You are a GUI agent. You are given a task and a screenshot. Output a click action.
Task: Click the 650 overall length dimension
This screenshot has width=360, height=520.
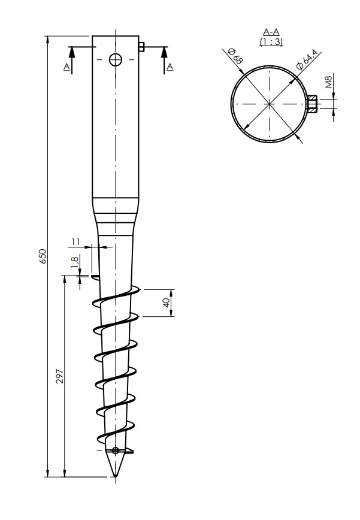coord(43,256)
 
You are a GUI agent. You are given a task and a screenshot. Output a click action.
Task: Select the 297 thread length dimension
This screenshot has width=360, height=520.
coord(60,376)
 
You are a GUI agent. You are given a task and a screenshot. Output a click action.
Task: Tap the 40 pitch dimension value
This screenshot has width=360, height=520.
coord(167,303)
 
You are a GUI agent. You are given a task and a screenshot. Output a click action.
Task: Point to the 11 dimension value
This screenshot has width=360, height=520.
coord(76,242)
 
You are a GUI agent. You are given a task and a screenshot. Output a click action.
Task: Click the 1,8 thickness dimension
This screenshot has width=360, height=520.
coord(74,262)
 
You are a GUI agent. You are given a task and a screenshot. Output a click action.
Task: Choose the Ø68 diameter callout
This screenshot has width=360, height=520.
coord(235,56)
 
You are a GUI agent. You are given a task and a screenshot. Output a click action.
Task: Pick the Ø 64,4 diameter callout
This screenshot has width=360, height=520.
coord(307,59)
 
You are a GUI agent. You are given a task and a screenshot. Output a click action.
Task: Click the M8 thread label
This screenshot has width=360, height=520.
coord(328,81)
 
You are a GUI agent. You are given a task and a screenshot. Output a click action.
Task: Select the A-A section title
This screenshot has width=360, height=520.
coord(271,32)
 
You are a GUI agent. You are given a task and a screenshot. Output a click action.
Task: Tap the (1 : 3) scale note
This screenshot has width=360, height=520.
coord(271,42)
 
